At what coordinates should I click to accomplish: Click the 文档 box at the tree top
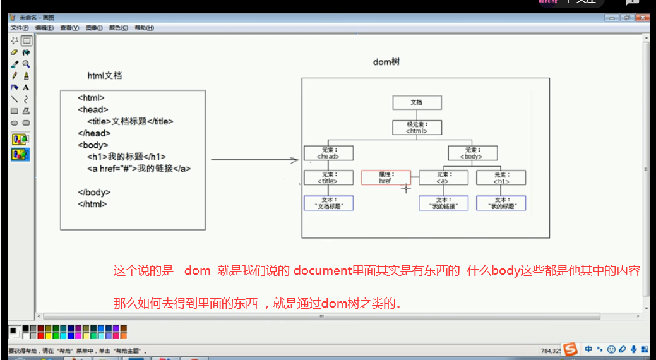coord(417,102)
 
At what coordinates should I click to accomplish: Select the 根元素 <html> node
coord(417,128)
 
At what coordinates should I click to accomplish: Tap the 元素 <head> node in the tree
coord(328,153)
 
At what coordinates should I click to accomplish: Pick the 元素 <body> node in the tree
coord(472,153)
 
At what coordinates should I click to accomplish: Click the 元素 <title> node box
coord(328,177)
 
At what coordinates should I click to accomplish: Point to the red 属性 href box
coord(386,177)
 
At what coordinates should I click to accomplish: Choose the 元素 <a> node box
coord(443,177)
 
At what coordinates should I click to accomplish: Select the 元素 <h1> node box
coord(501,177)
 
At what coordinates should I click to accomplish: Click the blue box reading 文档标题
coord(328,203)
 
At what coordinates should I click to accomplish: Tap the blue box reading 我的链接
coord(443,203)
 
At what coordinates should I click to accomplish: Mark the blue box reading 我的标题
coord(501,203)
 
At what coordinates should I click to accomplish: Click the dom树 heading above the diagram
coord(386,62)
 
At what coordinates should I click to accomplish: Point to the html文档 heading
coord(105,76)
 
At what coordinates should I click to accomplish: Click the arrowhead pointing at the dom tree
coord(295,160)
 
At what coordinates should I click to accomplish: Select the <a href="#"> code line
coord(139,169)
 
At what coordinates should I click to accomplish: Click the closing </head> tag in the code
coord(93,133)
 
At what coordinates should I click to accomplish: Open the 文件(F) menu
coord(19,28)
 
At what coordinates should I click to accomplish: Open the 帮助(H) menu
coord(144,28)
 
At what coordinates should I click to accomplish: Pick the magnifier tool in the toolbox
coord(26,64)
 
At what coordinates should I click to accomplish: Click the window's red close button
coord(644,18)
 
